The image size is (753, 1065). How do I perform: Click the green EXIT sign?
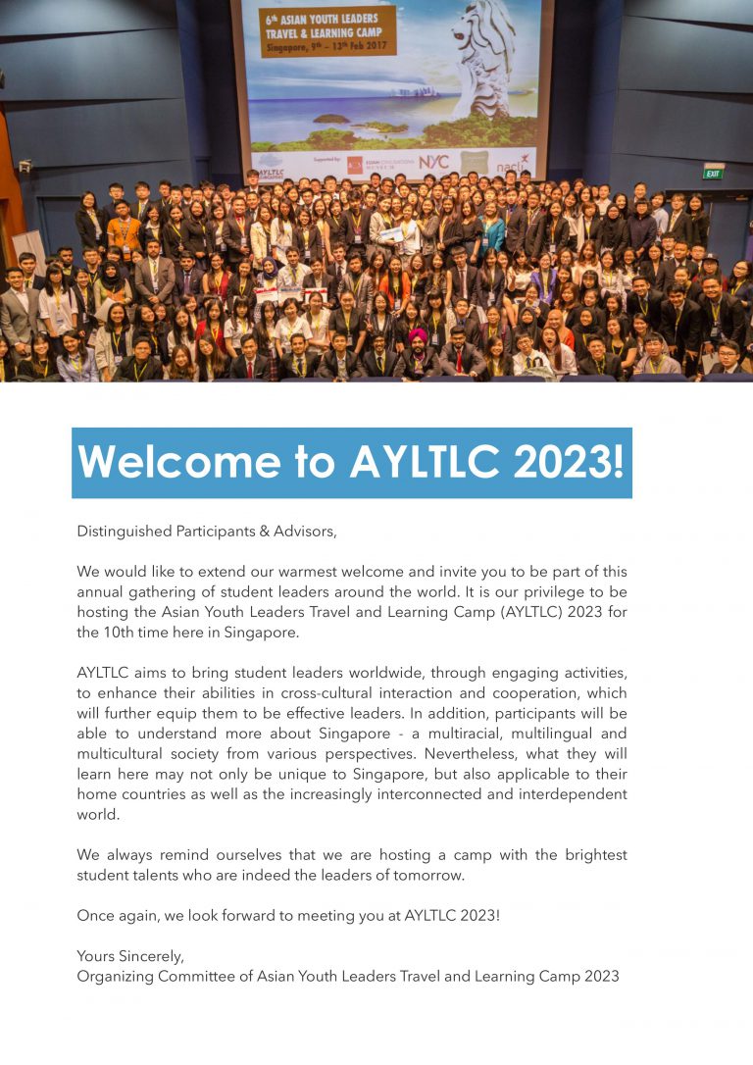(713, 172)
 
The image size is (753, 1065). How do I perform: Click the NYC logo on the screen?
(433, 163)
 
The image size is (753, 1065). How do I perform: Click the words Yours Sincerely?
(130, 956)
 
